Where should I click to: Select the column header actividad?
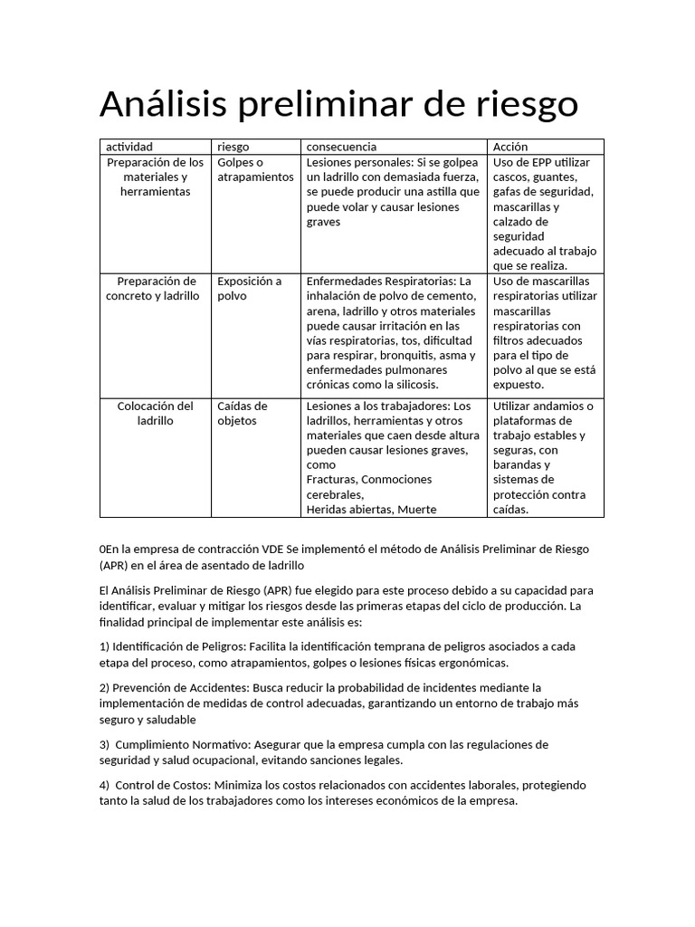[x=129, y=147]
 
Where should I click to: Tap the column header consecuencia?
[x=341, y=147]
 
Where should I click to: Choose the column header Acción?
[x=510, y=147]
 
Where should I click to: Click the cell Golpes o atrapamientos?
[x=255, y=169]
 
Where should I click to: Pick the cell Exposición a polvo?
[x=249, y=288]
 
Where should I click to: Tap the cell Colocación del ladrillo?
[x=156, y=413]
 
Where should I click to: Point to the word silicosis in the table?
[x=412, y=384]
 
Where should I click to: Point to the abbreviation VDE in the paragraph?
[x=271, y=550]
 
